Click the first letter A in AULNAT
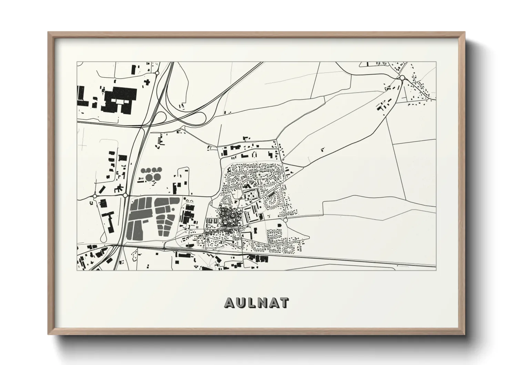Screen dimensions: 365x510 229,303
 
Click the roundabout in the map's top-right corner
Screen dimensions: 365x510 402,78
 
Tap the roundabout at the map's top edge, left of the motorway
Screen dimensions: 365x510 157,73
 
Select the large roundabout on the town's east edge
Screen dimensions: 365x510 285,220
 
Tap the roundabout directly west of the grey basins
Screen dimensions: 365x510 125,196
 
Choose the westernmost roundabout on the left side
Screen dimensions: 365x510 94,196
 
